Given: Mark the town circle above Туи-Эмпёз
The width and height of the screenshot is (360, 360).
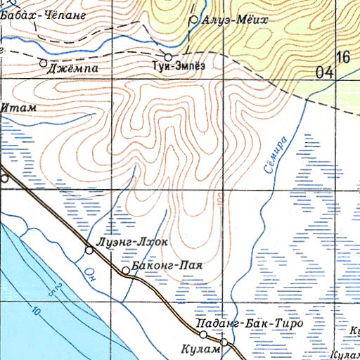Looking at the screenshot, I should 169,56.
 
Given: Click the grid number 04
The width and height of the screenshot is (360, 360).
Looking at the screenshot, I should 324,72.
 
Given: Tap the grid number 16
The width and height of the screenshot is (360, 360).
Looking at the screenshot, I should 343,58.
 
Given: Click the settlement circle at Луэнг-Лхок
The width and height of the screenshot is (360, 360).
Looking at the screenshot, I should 89,250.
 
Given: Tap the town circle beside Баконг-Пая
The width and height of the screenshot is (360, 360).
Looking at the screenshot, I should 126,270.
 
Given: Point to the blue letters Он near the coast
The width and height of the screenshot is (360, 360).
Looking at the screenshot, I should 89,272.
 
